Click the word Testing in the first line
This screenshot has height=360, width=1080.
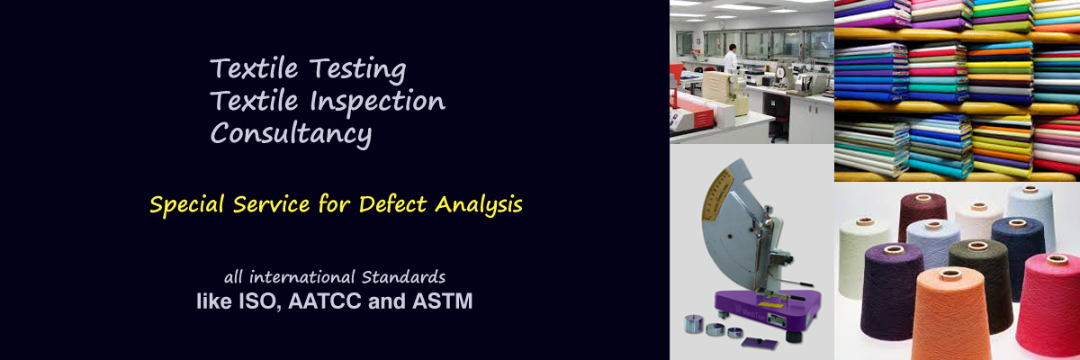(x=358, y=69)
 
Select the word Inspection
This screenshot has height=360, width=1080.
(x=377, y=101)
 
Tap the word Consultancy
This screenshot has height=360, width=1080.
(x=292, y=133)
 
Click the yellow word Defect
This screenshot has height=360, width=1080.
(x=393, y=204)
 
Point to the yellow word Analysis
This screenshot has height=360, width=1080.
(x=479, y=204)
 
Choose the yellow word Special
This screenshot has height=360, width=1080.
(x=187, y=205)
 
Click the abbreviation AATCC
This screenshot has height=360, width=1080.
(x=325, y=301)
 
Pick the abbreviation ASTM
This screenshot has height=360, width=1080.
(x=442, y=301)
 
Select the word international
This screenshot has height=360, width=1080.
(x=301, y=277)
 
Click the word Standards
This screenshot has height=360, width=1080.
(x=403, y=277)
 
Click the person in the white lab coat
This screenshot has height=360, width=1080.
(x=731, y=58)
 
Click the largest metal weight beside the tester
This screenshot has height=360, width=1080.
(x=694, y=324)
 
